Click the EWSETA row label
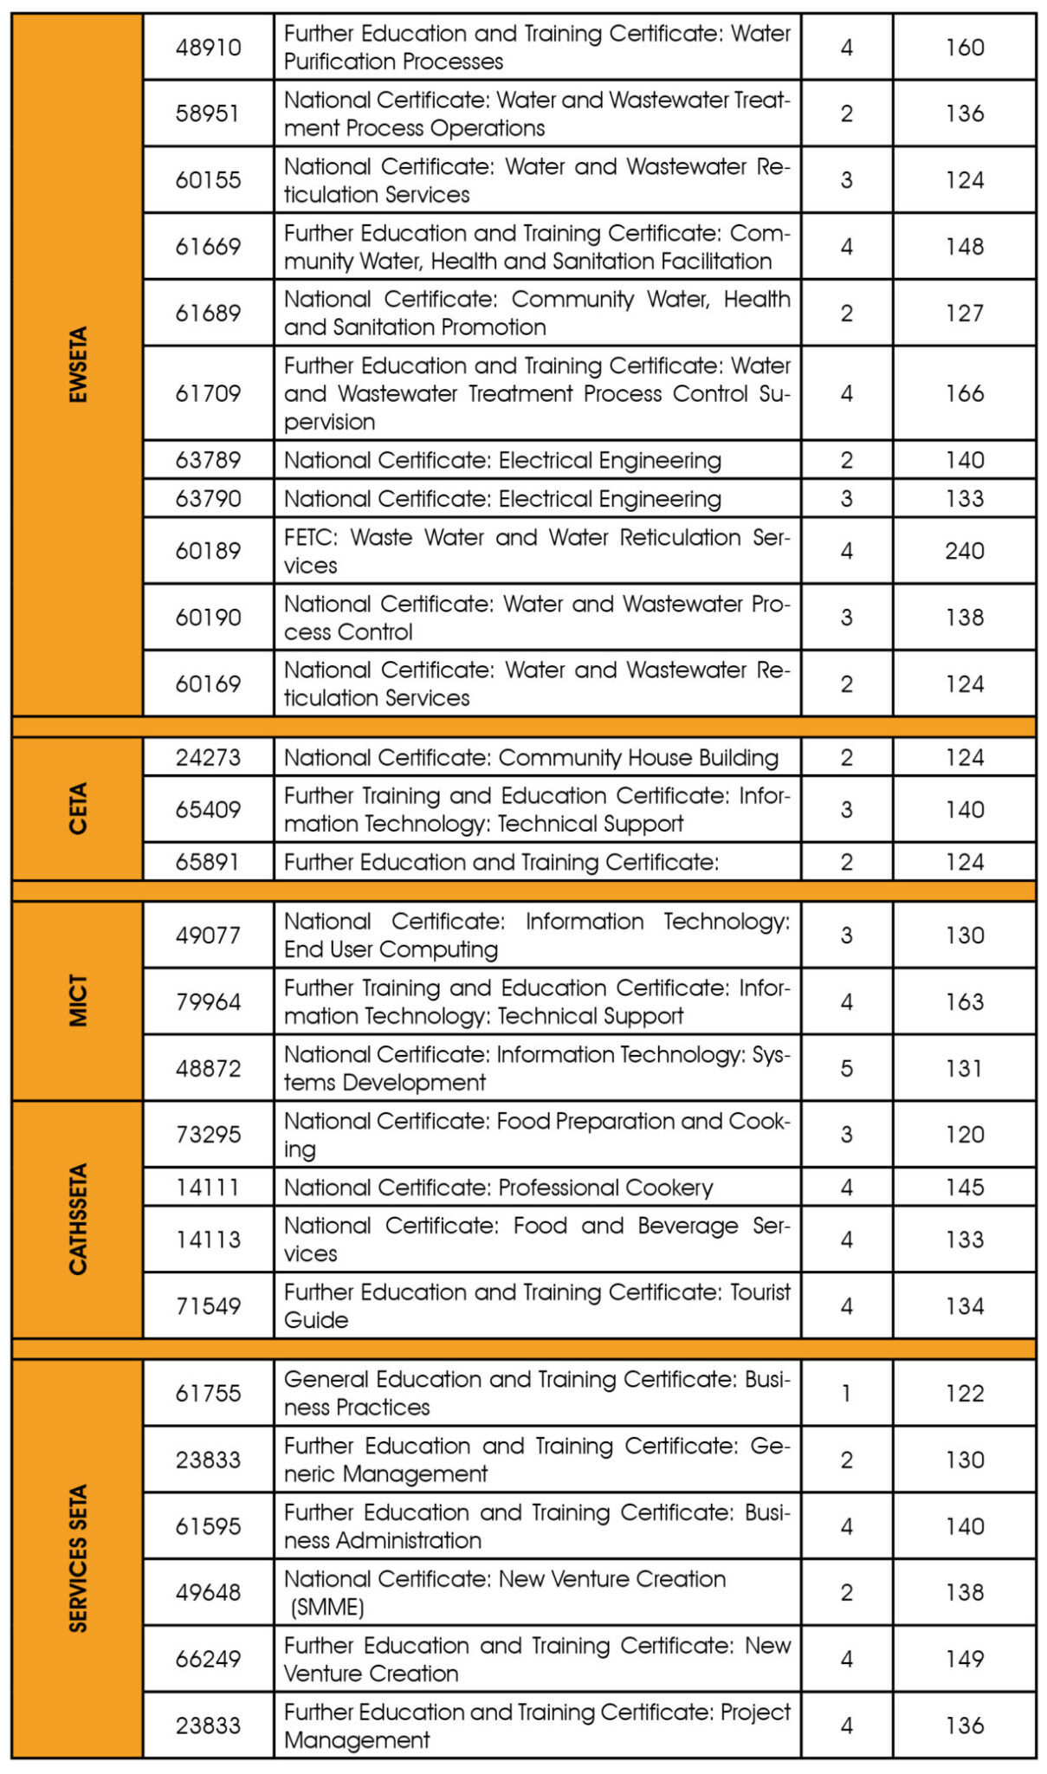pos(78,365)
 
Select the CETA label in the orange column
pos(78,808)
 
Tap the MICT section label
pos(78,1000)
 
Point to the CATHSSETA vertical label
pos(78,1219)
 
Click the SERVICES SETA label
pos(78,1558)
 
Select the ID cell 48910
pos(208,48)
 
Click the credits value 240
pos(964,551)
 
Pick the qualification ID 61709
pos(208,393)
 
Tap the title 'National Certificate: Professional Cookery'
pos(498,1187)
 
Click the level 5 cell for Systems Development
pos(846,1068)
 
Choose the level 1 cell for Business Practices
pos(846,1393)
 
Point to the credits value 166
pos(964,393)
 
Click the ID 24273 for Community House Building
pos(208,758)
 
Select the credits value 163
pos(964,1001)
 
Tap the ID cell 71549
pos(208,1305)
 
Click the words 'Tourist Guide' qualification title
pos(537,1305)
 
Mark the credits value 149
pos(964,1658)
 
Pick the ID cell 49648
pos(208,1592)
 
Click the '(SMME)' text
pos(327,1607)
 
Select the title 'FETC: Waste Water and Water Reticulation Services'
pos(537,551)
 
